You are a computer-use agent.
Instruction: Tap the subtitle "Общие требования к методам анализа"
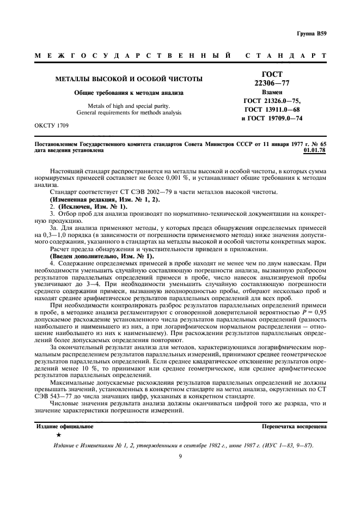[129, 93]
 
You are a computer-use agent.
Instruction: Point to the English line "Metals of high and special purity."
[129, 105]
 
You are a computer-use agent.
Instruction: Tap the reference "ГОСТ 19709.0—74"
[271, 119]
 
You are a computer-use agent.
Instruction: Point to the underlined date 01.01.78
[315, 150]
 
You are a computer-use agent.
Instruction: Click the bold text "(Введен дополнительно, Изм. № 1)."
[102, 256]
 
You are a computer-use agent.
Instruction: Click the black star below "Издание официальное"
[58, 435]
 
